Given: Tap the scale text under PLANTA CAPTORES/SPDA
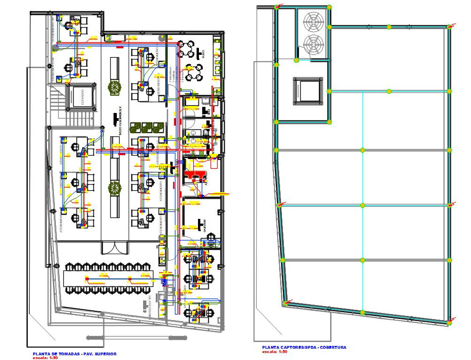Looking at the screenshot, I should point(275,351).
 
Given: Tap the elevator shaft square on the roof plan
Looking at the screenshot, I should point(307,90).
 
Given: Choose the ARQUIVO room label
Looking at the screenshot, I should point(205,225).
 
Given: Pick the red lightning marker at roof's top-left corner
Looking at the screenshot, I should point(278,7).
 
